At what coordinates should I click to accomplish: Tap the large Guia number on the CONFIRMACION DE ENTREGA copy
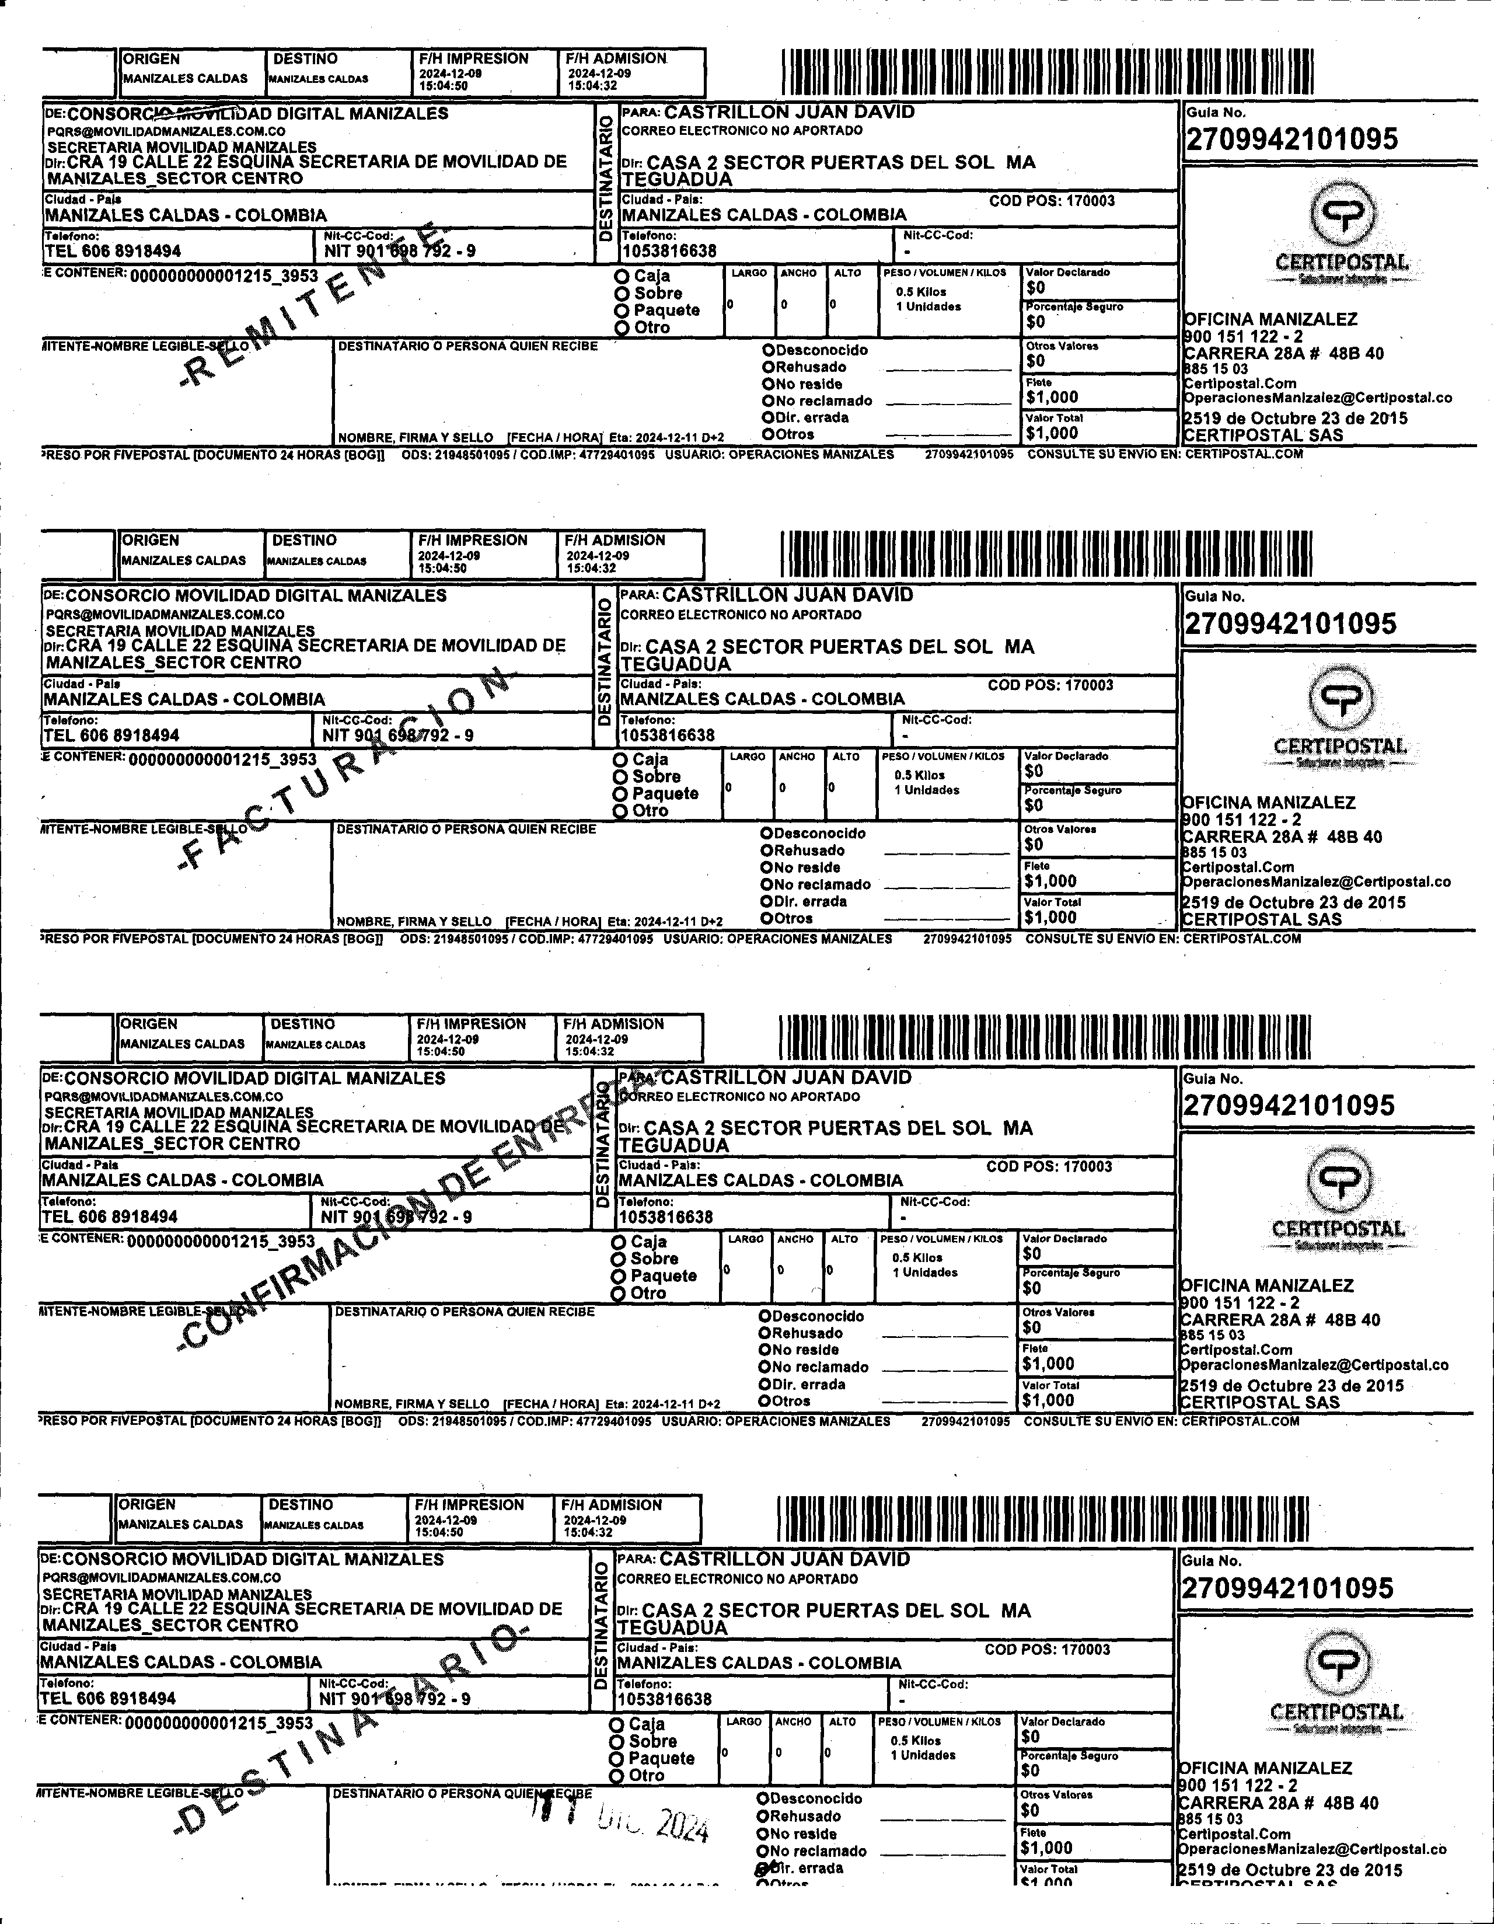pyautogui.click(x=1289, y=1106)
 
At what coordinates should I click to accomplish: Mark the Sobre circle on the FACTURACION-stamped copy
pyautogui.click(x=621, y=777)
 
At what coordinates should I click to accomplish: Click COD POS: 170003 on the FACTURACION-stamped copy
pyautogui.click(x=1050, y=685)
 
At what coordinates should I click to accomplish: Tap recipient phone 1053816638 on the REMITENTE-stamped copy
pyautogui.click(x=669, y=251)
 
